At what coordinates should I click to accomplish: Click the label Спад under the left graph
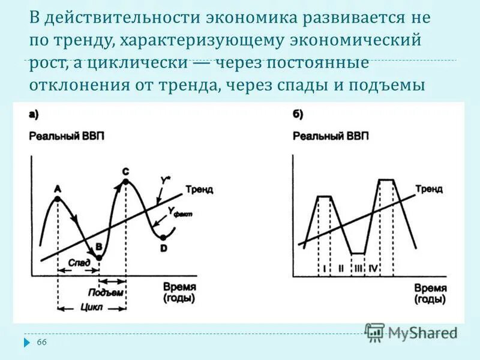coord(79,262)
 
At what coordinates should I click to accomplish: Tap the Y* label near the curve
coord(165,179)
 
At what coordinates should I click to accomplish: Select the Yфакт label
coord(179,212)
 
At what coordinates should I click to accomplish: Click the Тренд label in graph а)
coord(199,189)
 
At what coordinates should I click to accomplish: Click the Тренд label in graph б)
coord(429,189)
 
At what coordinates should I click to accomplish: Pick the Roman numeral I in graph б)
coord(324,268)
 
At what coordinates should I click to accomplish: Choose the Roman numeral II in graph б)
coord(340,268)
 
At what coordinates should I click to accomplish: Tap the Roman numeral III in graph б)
coord(358,268)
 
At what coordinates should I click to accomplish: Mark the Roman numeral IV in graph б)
coord(373,268)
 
